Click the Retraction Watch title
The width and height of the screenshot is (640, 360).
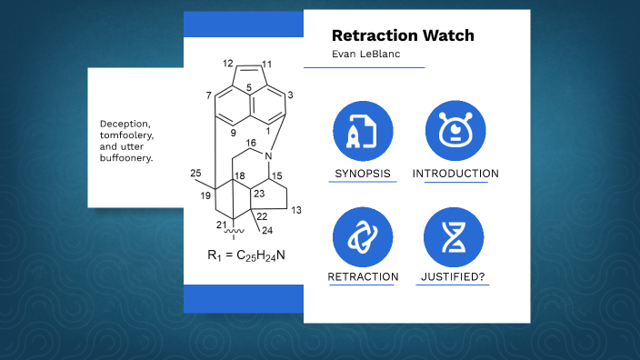pos(403,36)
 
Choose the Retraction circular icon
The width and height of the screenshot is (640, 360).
pos(363,236)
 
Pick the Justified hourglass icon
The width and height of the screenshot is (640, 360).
pos(455,236)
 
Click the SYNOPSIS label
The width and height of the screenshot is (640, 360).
pos(363,174)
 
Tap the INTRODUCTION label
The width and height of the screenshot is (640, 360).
pos(455,174)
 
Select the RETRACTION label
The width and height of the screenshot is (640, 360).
pos(363,276)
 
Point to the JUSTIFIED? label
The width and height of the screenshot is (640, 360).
pos(455,276)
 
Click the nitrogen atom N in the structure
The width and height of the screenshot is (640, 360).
pos(268,155)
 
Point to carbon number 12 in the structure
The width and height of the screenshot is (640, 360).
pos(227,64)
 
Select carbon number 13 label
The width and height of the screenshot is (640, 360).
pos(296,209)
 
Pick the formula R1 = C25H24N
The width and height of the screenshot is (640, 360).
pos(246,255)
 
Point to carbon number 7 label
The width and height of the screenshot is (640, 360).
pos(208,95)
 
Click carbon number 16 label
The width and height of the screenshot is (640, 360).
pos(251,144)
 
